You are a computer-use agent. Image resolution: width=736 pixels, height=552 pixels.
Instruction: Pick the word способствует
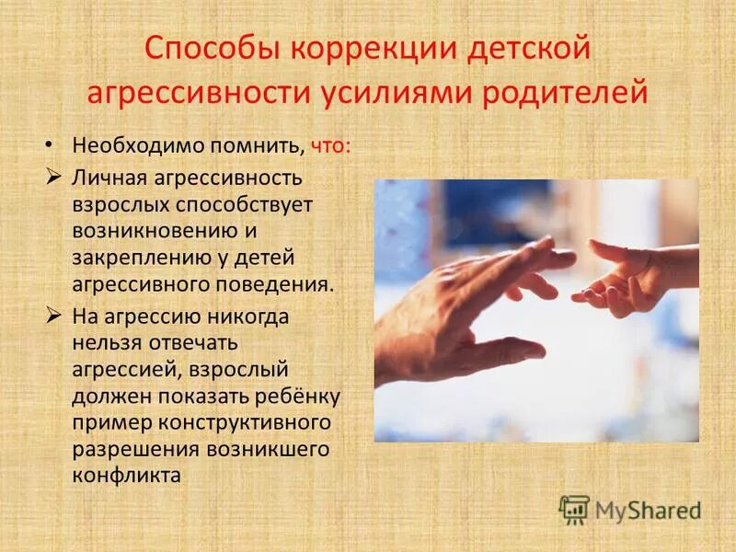pyautogui.click(x=248, y=202)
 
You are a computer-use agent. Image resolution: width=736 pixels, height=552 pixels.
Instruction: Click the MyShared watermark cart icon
pyautogui.click(x=574, y=508)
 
